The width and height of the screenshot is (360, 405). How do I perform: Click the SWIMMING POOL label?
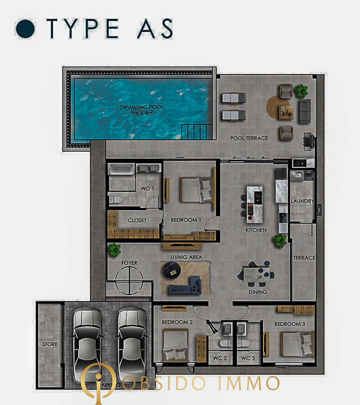coord(142,108)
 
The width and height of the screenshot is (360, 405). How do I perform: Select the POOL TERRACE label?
coord(249,138)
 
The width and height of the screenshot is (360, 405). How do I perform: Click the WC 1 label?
coord(147,188)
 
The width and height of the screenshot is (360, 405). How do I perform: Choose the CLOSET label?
coord(137,220)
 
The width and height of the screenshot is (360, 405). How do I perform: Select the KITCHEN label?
coord(256,230)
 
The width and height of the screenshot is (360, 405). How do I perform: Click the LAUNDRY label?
coord(302,201)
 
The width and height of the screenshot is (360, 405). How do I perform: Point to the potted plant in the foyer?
coord(114,250)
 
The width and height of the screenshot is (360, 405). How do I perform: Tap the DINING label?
coord(258,292)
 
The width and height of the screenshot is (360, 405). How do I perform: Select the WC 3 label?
coord(248,358)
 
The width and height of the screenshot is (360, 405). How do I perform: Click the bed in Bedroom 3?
coord(297,344)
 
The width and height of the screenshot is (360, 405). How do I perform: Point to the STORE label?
coord(50,344)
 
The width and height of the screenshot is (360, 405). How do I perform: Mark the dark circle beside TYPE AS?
coord(25,29)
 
